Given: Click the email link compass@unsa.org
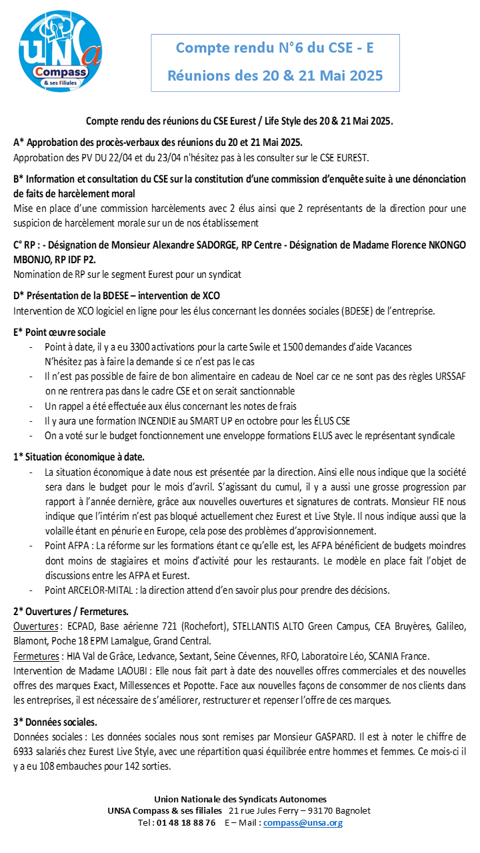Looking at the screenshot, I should (x=303, y=822).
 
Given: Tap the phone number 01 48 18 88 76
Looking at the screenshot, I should (x=187, y=822).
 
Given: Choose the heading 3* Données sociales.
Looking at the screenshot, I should (x=55, y=722).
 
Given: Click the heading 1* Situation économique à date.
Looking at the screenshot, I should (x=79, y=456).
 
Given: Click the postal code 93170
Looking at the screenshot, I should (x=315, y=810).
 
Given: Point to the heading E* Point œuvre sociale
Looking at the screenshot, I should (x=59, y=332).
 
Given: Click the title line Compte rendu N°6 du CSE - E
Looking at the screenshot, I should (x=274, y=48).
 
